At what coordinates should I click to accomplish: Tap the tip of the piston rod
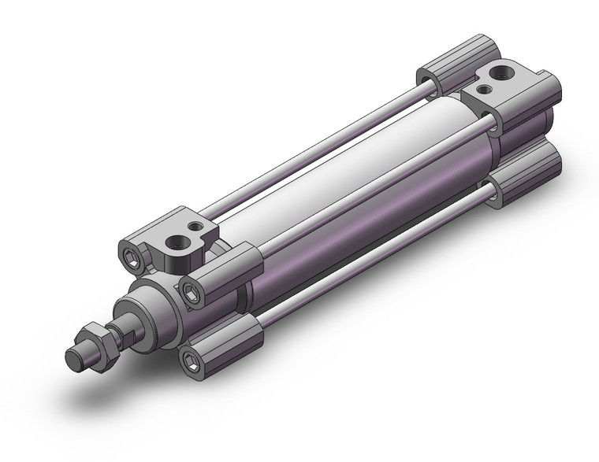pos(73,361)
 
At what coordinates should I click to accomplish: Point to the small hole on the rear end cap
pos(481,89)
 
